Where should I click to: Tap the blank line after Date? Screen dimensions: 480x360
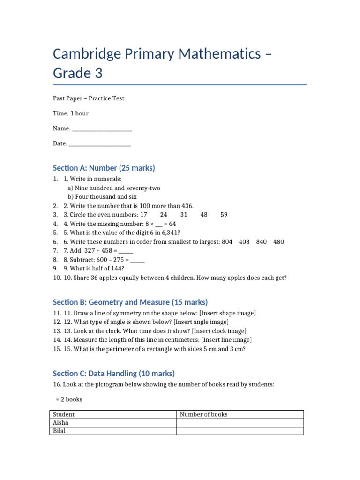pos(100,143)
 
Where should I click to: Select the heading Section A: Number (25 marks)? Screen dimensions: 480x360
pos(104,168)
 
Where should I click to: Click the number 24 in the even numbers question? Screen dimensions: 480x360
pos(164,215)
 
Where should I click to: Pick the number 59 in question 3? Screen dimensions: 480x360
pos(224,215)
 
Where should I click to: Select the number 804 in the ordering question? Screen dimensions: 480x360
pos(227,242)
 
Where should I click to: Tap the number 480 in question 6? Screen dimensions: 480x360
pos(278,242)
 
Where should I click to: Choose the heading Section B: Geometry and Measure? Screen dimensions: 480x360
pos(130,302)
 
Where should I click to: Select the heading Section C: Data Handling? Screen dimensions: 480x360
pos(113,373)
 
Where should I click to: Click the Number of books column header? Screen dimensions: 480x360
pos(203,414)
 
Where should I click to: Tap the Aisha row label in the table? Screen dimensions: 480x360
pos(61,423)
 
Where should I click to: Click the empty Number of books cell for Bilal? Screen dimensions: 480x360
pos(240,431)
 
